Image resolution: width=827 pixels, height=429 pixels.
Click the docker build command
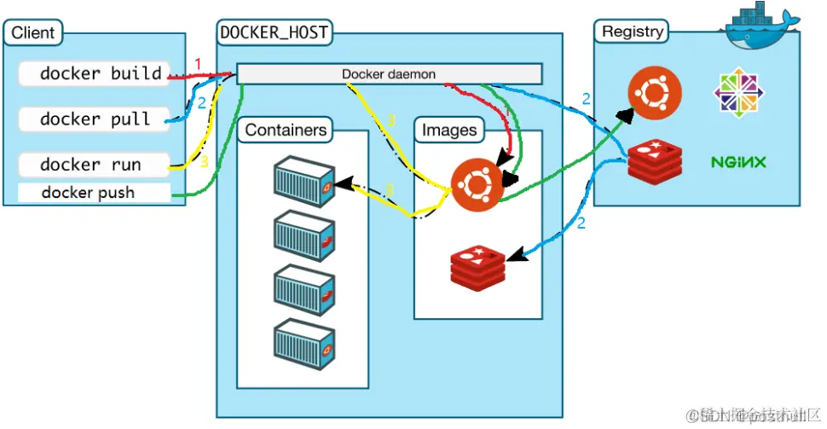(101, 73)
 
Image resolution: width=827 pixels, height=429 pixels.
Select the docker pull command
(95, 119)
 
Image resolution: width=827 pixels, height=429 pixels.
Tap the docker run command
(90, 164)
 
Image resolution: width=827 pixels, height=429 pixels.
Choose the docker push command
(88, 193)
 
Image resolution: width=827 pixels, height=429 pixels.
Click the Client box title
(32, 33)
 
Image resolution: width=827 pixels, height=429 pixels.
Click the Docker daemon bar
(389, 74)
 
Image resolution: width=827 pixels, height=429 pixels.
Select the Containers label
(285, 130)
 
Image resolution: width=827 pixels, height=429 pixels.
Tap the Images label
(449, 130)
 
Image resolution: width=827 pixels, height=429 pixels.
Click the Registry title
(632, 32)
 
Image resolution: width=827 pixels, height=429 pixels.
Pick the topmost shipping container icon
(304, 180)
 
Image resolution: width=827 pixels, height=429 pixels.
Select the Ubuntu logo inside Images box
(476, 183)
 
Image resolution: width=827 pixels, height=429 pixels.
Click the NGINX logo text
(738, 161)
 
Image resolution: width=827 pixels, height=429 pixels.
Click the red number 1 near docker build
(198, 64)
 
